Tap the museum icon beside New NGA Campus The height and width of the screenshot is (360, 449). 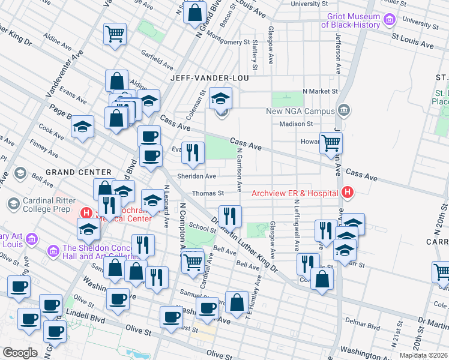coord(344,110)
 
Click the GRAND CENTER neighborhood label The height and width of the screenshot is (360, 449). coord(79,172)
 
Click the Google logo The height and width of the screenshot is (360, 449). coord(20,353)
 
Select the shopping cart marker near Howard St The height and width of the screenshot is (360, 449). coord(331,143)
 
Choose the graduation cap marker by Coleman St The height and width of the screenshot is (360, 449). coord(221,98)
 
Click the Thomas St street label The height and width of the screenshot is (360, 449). coord(208,193)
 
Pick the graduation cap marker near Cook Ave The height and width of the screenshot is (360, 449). coord(83,126)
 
